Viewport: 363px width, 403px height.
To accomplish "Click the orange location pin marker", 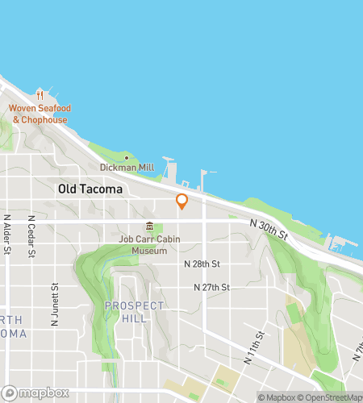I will (181, 201).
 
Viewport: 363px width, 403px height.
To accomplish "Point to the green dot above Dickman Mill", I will (125, 156).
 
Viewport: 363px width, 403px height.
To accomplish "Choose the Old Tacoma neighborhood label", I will (90, 189).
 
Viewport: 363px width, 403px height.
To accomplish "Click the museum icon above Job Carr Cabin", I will (149, 226).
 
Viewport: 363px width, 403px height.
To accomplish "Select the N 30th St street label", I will (269, 228).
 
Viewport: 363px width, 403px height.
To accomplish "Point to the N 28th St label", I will (202, 264).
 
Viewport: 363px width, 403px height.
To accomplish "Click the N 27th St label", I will (211, 287).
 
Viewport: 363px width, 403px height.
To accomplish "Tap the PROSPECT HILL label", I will (134, 312).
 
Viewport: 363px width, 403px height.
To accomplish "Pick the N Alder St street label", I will (6, 235).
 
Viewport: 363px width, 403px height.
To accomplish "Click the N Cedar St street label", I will (31, 236).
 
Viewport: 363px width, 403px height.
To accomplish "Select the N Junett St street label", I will (56, 300).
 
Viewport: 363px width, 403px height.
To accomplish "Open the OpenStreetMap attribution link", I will (331, 397).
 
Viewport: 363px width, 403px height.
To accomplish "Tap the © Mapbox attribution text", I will (277, 397).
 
